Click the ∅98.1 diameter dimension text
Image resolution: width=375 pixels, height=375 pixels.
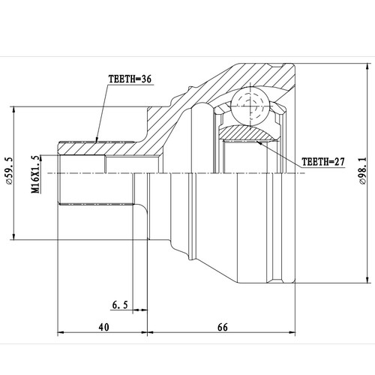point(363,169)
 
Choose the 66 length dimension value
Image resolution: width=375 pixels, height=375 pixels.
point(223,327)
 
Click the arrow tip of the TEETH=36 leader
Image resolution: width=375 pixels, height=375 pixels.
point(97,140)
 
